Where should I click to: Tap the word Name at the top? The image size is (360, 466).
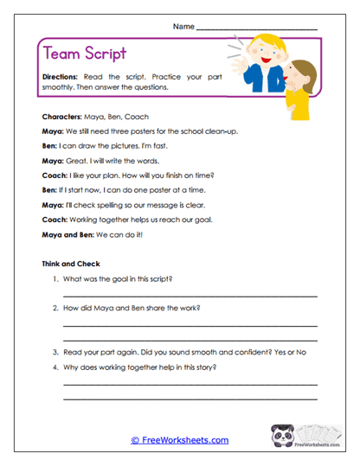coord(183,27)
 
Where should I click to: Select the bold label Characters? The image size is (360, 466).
coord(61,115)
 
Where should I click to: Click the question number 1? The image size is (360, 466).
coord(55,278)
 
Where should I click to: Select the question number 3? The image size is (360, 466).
coord(55,352)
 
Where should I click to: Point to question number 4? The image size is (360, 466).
coord(55,367)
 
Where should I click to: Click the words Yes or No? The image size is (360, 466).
coord(297,352)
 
